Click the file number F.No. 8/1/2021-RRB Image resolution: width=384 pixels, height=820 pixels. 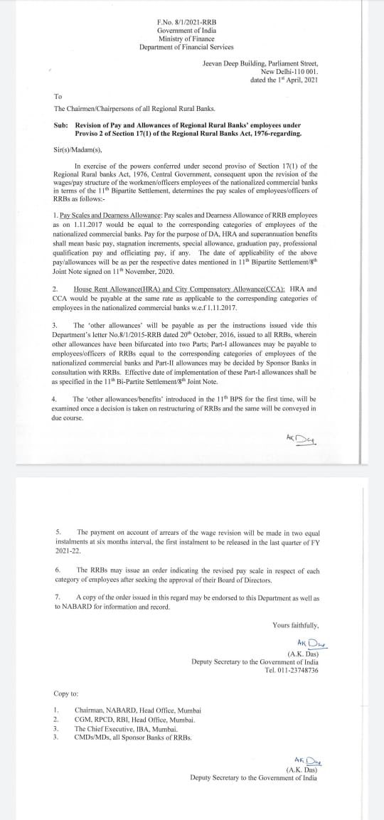click(x=186, y=23)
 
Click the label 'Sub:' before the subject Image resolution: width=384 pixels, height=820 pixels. click(x=60, y=125)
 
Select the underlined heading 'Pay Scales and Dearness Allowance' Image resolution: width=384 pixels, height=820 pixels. click(x=111, y=214)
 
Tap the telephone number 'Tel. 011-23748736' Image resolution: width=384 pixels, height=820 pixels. click(x=292, y=670)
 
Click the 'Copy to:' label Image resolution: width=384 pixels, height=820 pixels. click(x=66, y=693)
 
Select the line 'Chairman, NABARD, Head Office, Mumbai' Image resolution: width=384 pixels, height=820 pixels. click(x=138, y=710)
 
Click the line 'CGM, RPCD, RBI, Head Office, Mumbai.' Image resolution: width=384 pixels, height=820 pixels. click(x=135, y=719)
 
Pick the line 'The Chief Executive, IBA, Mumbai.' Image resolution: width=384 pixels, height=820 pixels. click(x=126, y=728)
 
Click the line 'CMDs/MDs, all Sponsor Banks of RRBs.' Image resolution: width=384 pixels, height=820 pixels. click(x=133, y=737)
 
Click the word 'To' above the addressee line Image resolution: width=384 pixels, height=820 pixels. click(x=58, y=96)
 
